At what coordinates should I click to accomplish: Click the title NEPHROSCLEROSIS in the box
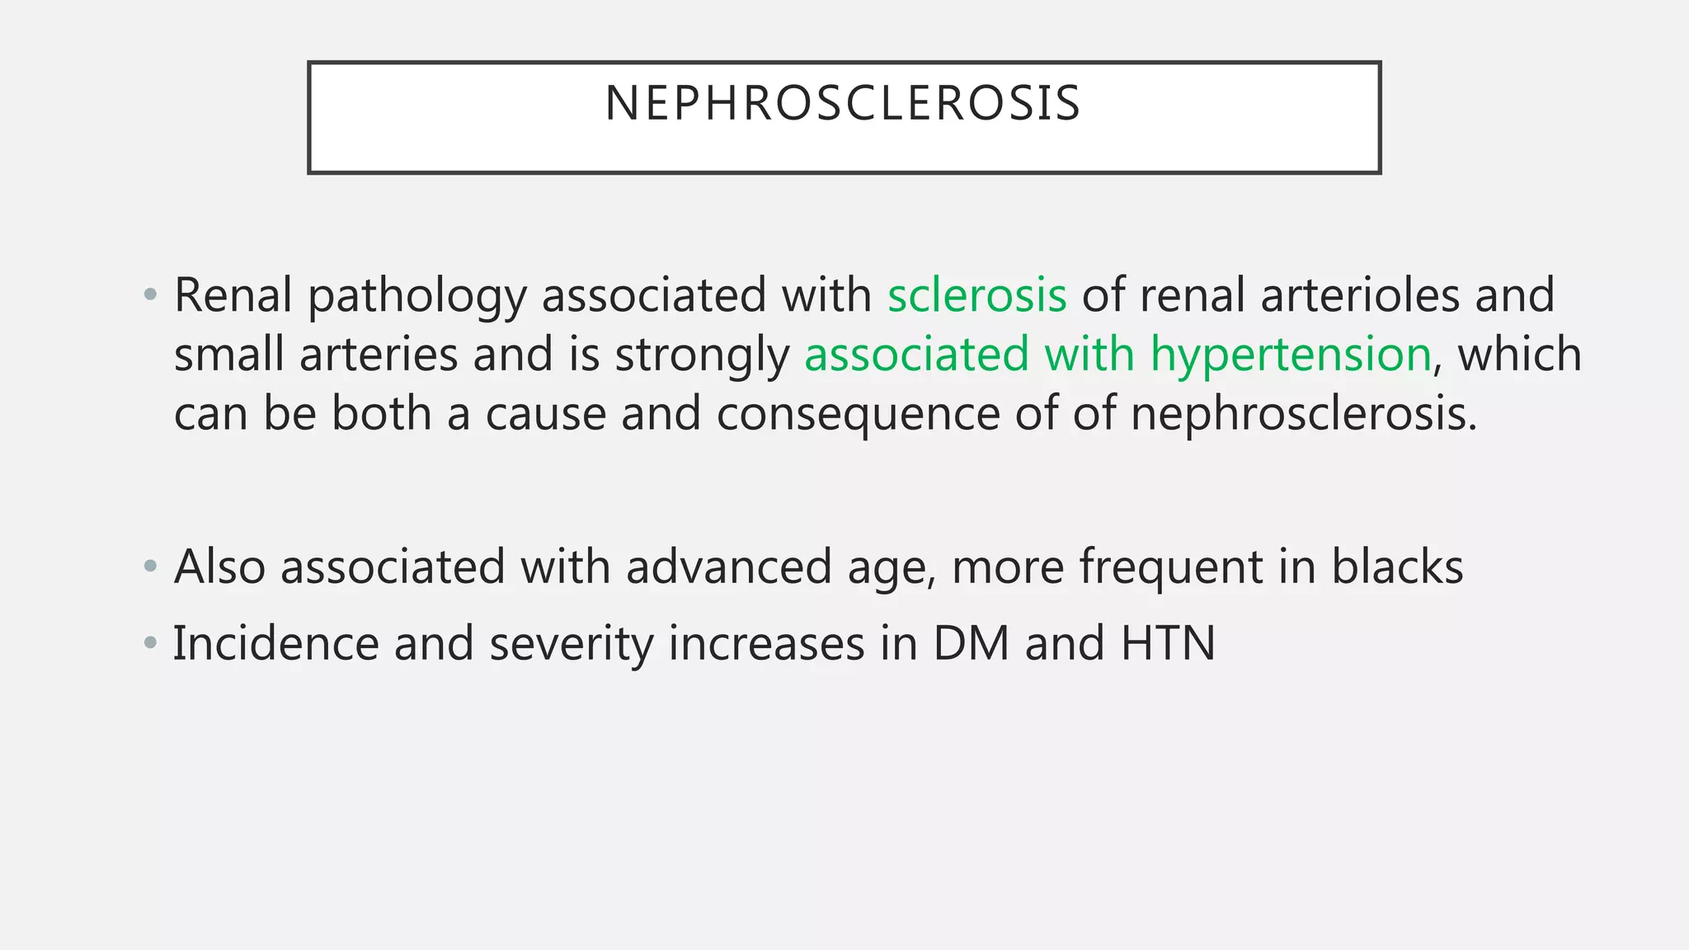pos(843,104)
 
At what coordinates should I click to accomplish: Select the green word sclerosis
pos(976,295)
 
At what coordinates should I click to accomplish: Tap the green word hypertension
pos(1291,355)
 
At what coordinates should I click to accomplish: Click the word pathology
pos(416,297)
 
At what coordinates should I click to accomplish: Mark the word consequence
pos(858,414)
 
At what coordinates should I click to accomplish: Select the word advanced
pos(728,567)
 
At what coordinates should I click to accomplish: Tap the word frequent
pos(1171,567)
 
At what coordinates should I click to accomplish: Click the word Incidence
pos(275,643)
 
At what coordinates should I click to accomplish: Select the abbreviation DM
pos(971,643)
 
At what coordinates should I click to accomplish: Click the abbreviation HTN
pos(1168,643)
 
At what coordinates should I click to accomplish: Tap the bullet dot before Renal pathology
pos(149,295)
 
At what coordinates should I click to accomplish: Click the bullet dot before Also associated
pos(149,567)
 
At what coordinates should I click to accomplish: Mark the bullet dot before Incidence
pos(149,643)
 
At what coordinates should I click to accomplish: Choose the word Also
pos(219,567)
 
